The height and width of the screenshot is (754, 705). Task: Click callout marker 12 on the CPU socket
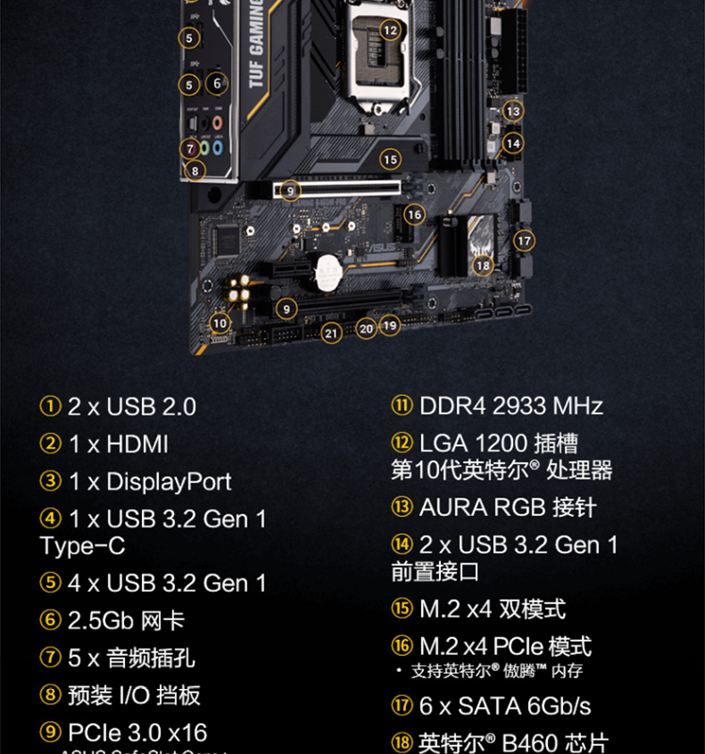pyautogui.click(x=390, y=29)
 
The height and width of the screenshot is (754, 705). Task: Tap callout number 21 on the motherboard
pyautogui.click(x=332, y=333)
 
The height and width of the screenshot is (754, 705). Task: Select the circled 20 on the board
pyautogui.click(x=366, y=328)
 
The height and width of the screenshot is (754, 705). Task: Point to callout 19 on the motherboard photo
pyautogui.click(x=390, y=325)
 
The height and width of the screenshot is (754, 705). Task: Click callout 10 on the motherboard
pyautogui.click(x=220, y=323)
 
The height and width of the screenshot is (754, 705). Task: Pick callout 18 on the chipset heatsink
pyautogui.click(x=483, y=265)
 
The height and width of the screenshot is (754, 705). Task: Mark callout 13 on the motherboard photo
pyautogui.click(x=512, y=111)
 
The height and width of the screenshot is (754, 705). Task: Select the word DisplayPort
pyautogui.click(x=169, y=482)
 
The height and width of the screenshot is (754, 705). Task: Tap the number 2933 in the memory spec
pyautogui.click(x=518, y=406)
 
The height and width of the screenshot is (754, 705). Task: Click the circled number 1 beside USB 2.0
pyautogui.click(x=50, y=406)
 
